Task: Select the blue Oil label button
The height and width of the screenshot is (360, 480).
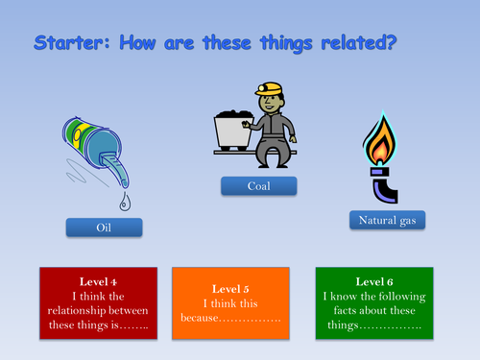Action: (x=104, y=228)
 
